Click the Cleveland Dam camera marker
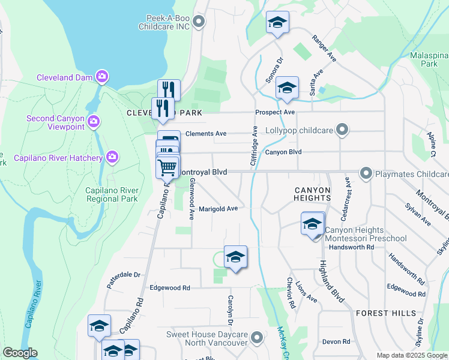point(102,76)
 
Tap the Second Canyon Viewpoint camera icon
point(93,122)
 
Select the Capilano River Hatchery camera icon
point(112,157)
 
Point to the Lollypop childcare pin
point(342,129)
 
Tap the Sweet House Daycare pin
point(257,338)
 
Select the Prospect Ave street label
point(274,112)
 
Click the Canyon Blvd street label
point(283,152)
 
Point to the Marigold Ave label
point(218,208)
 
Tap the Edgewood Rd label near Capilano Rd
point(170,288)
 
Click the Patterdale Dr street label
point(124,278)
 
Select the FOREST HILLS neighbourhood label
point(385,313)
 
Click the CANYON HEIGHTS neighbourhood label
point(312,194)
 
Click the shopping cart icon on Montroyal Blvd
point(168,166)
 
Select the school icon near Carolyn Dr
point(235,257)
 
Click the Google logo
point(19,353)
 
